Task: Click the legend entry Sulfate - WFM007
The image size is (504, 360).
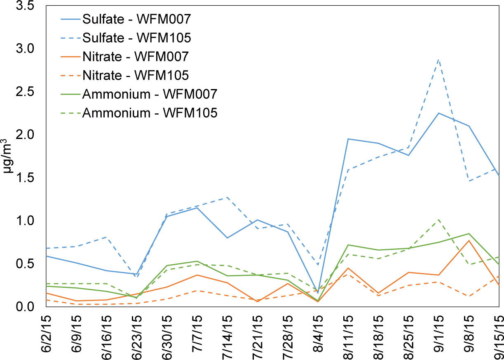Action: pos(136,19)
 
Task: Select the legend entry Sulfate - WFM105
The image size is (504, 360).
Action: pos(136,38)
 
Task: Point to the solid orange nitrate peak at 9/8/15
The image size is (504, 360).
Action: pos(469,240)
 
